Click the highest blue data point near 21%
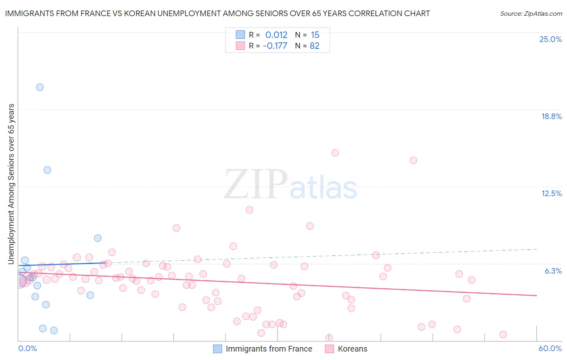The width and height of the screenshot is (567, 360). pyautogui.click(x=40, y=87)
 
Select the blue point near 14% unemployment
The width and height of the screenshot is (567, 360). pyautogui.click(x=47, y=170)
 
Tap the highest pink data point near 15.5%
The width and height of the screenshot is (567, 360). pyautogui.click(x=335, y=153)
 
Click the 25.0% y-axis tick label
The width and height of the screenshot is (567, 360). pyautogui.click(x=550, y=39)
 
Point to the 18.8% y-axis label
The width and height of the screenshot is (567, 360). pyautogui.click(x=551, y=116)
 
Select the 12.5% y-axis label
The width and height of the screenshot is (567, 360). pyautogui.click(x=551, y=193)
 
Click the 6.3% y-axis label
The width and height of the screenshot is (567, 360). pyautogui.click(x=553, y=271)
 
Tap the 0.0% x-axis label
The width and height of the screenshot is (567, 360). pyautogui.click(x=27, y=348)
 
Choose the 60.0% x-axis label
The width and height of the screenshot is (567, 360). pyautogui.click(x=550, y=348)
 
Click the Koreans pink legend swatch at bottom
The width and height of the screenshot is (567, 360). pyautogui.click(x=329, y=349)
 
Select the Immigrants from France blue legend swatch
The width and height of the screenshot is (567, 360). pyautogui.click(x=217, y=349)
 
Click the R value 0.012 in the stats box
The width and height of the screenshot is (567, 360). pyautogui.click(x=276, y=35)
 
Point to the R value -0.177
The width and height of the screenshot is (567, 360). pyautogui.click(x=275, y=46)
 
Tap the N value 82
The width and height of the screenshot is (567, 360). pyautogui.click(x=315, y=46)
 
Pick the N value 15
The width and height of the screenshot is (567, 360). pyautogui.click(x=315, y=35)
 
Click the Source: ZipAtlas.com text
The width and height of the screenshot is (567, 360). pyautogui.click(x=531, y=13)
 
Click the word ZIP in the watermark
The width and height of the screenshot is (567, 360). pyautogui.click(x=255, y=185)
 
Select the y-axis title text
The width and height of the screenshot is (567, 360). pyautogui.click(x=11, y=184)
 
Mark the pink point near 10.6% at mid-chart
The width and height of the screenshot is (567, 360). pyautogui.click(x=249, y=210)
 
